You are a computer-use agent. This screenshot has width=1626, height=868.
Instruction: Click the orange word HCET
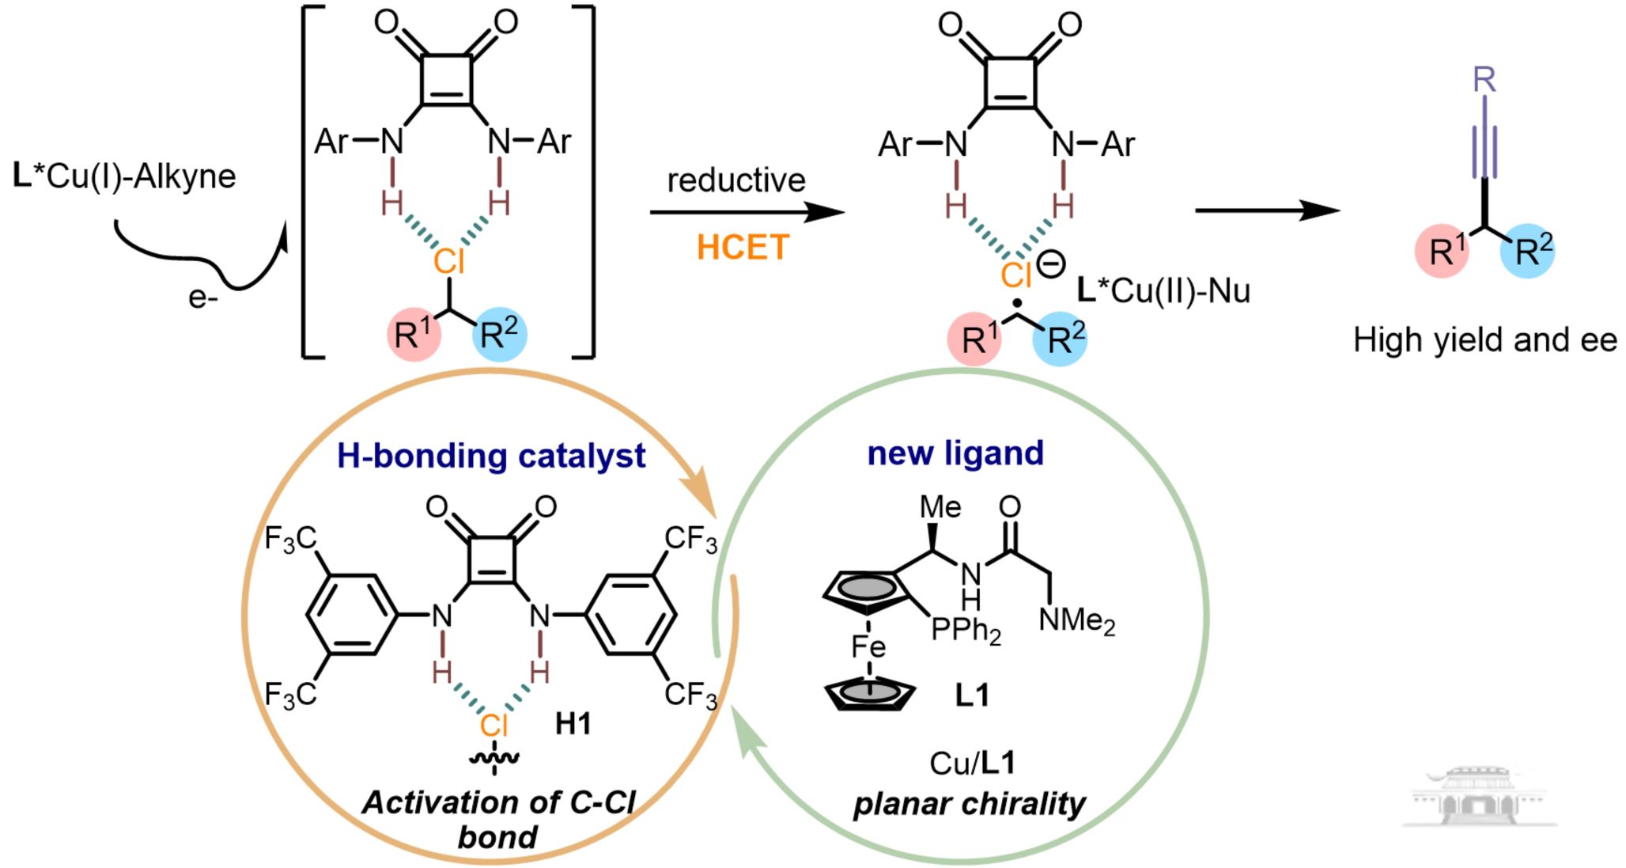tap(742, 248)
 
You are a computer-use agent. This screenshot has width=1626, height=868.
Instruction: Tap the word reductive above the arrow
tap(735, 180)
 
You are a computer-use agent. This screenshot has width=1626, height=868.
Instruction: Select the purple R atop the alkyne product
tap(1484, 80)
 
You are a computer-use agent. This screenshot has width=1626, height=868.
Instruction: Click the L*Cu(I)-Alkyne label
tap(125, 176)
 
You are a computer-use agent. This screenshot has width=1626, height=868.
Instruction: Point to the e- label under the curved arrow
tap(202, 298)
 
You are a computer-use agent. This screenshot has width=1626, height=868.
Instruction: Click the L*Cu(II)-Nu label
tap(1163, 291)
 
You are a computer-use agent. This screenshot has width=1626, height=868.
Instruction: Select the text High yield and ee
tap(1484, 340)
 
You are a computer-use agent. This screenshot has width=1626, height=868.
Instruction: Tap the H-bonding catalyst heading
tap(491, 456)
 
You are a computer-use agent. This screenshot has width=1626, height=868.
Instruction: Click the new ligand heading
tap(955, 453)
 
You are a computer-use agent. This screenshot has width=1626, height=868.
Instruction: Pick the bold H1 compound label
tap(573, 723)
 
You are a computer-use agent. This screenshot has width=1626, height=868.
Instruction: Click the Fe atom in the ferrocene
tap(868, 647)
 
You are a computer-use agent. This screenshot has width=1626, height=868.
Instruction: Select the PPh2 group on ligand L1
tap(966, 631)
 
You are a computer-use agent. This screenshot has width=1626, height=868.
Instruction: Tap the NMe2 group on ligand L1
tap(1076, 620)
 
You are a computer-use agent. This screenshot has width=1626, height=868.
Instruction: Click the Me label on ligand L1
tap(940, 507)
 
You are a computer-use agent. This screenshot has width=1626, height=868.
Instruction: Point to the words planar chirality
tap(970, 804)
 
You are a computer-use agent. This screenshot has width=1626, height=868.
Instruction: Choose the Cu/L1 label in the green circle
tap(972, 763)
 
